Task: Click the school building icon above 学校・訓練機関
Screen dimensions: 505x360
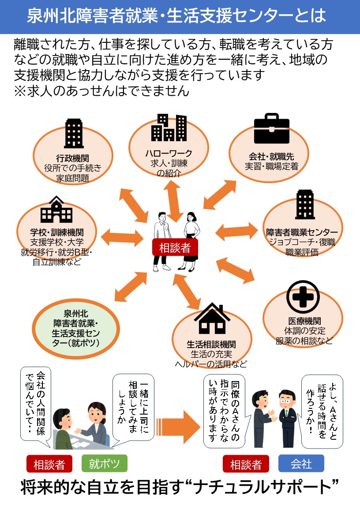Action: [56, 210]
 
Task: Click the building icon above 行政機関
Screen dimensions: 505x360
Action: [73, 133]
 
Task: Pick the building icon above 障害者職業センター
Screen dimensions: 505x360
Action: [305, 205]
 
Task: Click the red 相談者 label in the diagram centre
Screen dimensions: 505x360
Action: [175, 247]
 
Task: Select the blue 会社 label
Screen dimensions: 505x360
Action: [301, 464]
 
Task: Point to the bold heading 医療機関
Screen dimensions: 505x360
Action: [304, 321]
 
